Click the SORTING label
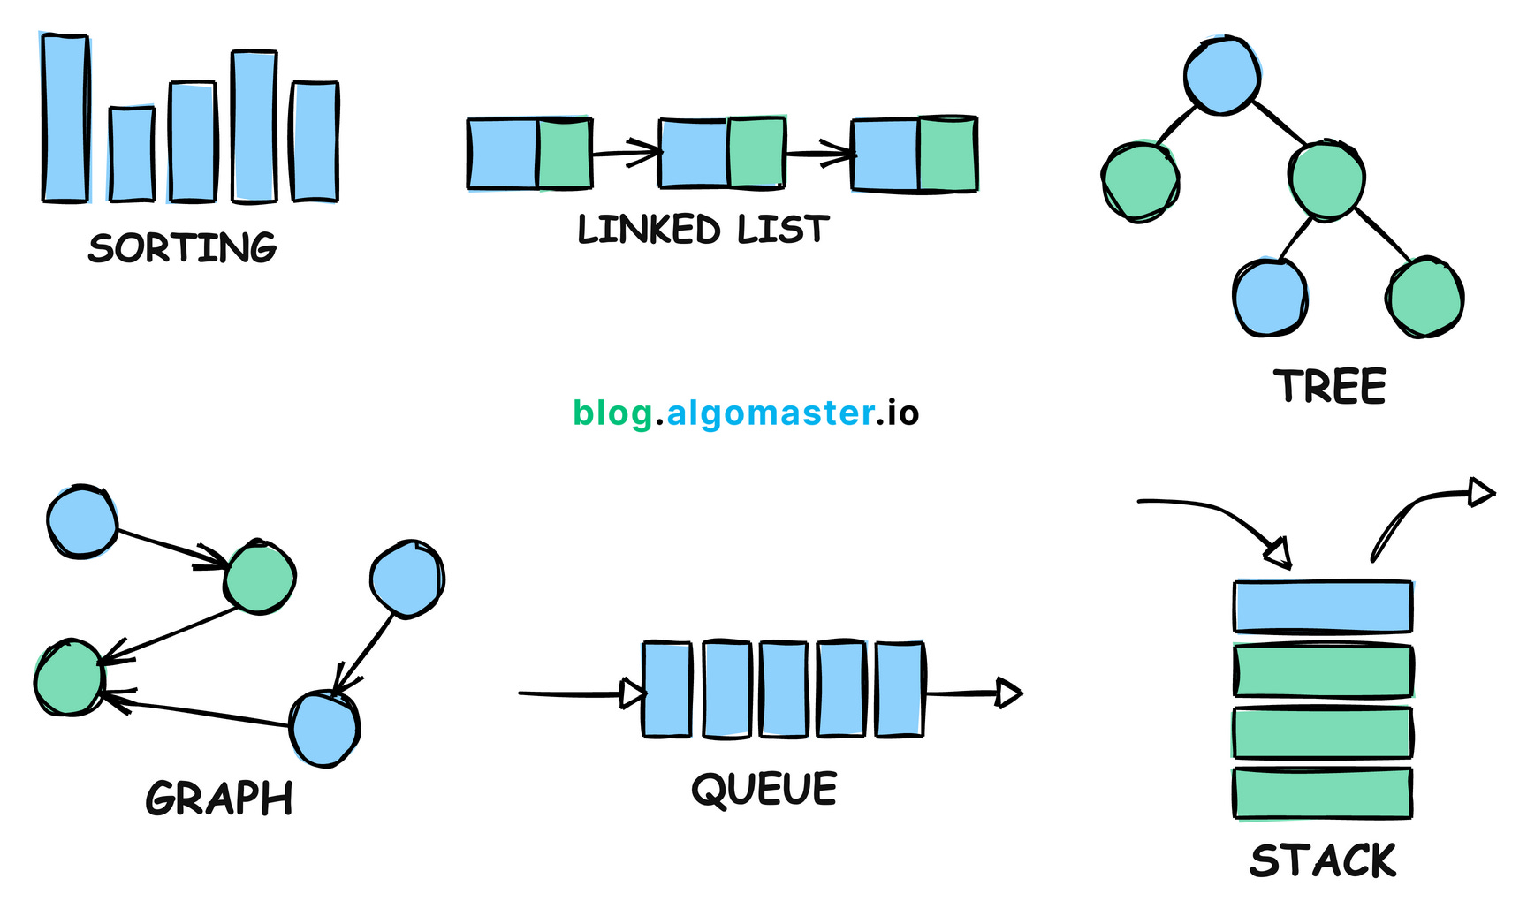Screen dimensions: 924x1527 [x=182, y=247]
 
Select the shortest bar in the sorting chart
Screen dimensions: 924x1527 [x=132, y=155]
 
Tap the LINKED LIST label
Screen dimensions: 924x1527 [x=703, y=230]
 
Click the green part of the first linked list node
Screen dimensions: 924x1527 [x=564, y=153]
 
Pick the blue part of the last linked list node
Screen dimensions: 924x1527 [x=885, y=155]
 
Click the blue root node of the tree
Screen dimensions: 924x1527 [x=1221, y=76]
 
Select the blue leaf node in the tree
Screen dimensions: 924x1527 [x=1270, y=298]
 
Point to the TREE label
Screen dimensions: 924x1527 [x=1329, y=387]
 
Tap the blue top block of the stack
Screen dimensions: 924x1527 [x=1322, y=606]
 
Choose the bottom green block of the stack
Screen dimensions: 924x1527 [x=1322, y=793]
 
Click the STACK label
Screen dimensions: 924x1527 [x=1323, y=861]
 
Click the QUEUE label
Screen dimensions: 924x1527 [x=764, y=789]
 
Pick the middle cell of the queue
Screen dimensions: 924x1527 [x=783, y=690]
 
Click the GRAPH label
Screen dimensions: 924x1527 [x=219, y=799]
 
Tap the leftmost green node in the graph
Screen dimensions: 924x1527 [x=69, y=678]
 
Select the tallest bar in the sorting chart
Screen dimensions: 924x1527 [x=65, y=118]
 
